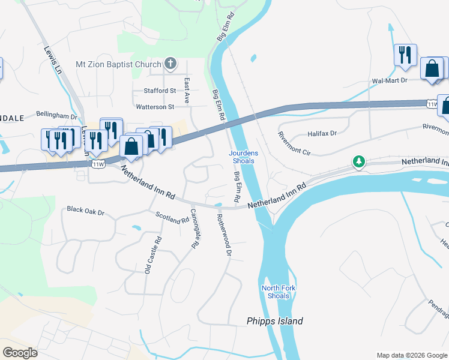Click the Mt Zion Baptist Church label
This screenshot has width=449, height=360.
[118, 65]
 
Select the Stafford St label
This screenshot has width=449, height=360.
[159, 91]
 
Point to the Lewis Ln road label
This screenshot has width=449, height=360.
[53, 59]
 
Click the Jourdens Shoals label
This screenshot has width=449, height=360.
[243, 157]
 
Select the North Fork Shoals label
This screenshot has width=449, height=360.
[279, 292]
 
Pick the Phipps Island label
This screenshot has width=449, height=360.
[274, 321]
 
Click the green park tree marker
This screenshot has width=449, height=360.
[359, 161]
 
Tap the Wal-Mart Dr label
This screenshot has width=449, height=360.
[390, 80]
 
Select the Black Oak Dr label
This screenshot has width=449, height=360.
[86, 211]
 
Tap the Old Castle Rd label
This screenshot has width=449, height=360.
[152, 256]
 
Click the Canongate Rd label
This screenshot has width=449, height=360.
[194, 229]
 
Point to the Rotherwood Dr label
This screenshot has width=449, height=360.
[223, 236]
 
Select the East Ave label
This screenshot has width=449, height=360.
[187, 90]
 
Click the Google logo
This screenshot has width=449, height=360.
[20, 353]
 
